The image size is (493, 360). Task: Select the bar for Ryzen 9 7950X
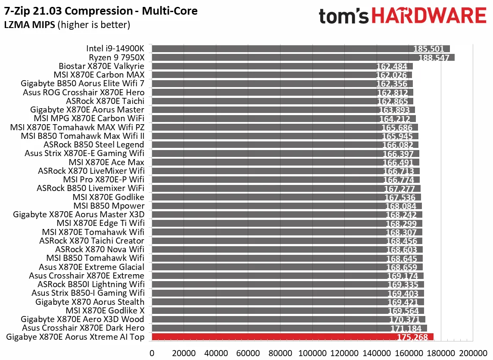[x=302, y=58]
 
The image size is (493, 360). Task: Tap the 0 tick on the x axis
[x=152, y=353]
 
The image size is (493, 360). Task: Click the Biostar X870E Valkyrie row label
[x=101, y=66]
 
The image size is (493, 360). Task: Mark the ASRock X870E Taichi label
[x=105, y=101]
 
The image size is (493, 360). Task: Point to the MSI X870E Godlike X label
[x=105, y=310]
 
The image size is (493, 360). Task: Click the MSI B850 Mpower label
[x=109, y=206]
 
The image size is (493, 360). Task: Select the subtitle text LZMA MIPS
[x=29, y=25]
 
